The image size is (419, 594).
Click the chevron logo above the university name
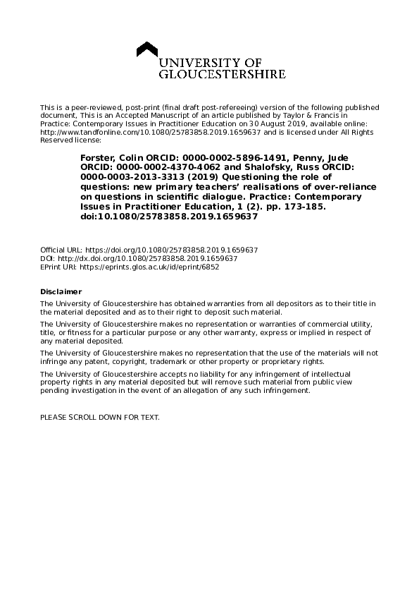(x=146, y=51)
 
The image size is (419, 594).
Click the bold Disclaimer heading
(x=61, y=291)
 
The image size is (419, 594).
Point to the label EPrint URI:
(x=58, y=267)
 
